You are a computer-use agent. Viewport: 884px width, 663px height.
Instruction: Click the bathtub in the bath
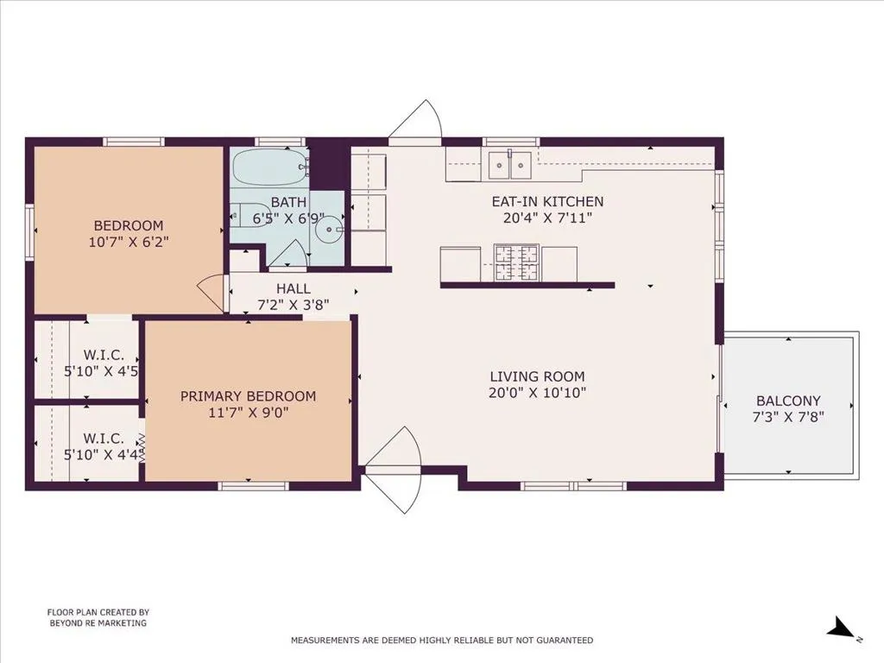pos(269,167)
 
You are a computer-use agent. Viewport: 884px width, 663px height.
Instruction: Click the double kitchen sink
pos(509,165)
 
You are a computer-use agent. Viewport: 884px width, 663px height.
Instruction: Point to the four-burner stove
pos(516,262)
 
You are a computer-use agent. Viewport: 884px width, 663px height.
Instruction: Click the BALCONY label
pos(788,401)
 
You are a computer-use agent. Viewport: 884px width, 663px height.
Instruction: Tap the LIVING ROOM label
pos(537,376)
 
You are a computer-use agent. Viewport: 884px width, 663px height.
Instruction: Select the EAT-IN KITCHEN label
pos(547,201)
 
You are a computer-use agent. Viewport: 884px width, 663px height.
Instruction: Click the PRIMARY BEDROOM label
pos(248,396)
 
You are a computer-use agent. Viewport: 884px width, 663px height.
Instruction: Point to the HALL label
pos(294,288)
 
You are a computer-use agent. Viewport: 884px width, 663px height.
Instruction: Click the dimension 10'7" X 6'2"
pos(129,243)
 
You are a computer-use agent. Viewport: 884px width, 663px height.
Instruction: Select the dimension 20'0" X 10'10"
pos(537,393)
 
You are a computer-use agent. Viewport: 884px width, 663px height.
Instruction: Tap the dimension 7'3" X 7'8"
pos(788,417)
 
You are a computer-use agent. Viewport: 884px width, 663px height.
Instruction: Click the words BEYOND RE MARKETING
pos(98,623)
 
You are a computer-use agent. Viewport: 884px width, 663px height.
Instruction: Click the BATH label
pos(288,202)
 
